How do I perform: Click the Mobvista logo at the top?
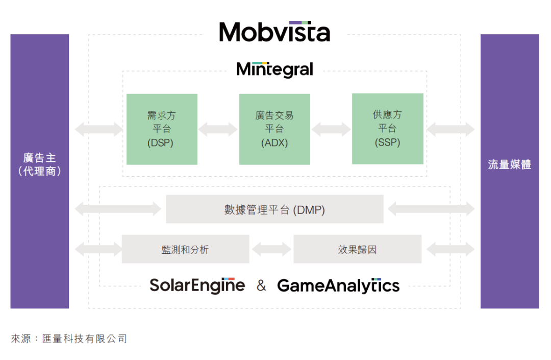pyautogui.click(x=274, y=32)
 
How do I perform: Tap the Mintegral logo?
pyautogui.click(x=274, y=69)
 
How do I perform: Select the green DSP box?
pyautogui.click(x=162, y=129)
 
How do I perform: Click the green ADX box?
pyautogui.click(x=274, y=129)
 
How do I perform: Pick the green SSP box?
pyautogui.click(x=388, y=129)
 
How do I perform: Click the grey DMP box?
pyautogui.click(x=274, y=209)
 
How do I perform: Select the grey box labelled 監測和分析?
pyautogui.click(x=185, y=249)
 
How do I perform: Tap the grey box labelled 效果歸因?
pyautogui.click(x=357, y=249)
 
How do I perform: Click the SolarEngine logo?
pyautogui.click(x=197, y=285)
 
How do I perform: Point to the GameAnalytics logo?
pyautogui.click(x=338, y=285)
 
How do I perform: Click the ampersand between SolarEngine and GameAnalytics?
pyautogui.click(x=261, y=285)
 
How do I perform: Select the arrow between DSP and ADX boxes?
pyautogui.click(x=218, y=129)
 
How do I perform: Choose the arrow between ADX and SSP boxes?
pyautogui.click(x=331, y=129)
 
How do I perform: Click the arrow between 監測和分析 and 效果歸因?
pyautogui.click(x=271, y=249)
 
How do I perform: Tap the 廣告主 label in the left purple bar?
pyautogui.click(x=40, y=158)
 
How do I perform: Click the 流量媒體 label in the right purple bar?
pyautogui.click(x=510, y=164)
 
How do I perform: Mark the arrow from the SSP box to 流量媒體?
pyautogui.click(x=450, y=129)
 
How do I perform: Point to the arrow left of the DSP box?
pyautogui.click(x=99, y=129)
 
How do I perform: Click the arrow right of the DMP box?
pyautogui.click(x=431, y=209)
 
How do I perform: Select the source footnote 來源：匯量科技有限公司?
pyautogui.click(x=69, y=339)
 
